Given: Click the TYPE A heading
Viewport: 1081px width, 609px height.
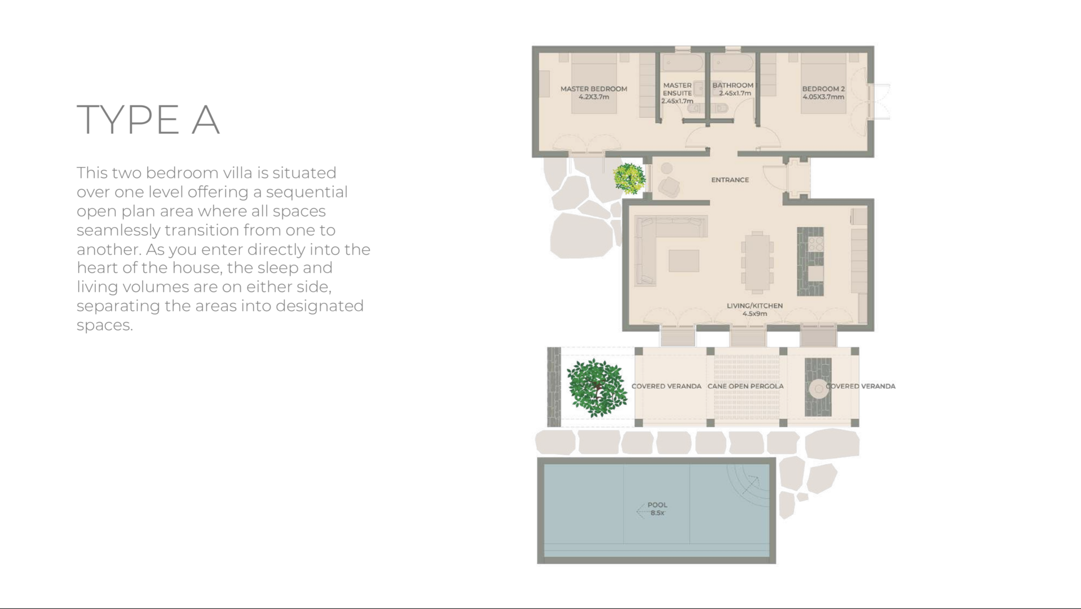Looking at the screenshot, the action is pyautogui.click(x=148, y=120).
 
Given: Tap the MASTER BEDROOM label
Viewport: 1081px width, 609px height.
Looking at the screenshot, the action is pyautogui.click(x=594, y=92).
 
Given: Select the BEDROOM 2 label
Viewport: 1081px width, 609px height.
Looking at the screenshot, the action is pyautogui.click(x=823, y=92).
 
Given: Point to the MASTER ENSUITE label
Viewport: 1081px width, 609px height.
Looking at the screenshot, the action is pyautogui.click(x=677, y=93).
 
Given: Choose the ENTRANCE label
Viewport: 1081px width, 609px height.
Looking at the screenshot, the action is pyautogui.click(x=730, y=180).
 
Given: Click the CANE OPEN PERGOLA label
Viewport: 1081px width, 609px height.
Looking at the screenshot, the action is pyautogui.click(x=745, y=386).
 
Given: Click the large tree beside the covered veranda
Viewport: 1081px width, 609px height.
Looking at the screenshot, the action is pyautogui.click(x=597, y=388).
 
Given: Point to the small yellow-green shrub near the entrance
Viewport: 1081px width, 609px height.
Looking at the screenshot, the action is pyautogui.click(x=629, y=179).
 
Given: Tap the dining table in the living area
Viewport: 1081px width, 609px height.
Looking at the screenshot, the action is pyautogui.click(x=757, y=262).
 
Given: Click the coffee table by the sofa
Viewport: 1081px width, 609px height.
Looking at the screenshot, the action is pyautogui.click(x=684, y=261).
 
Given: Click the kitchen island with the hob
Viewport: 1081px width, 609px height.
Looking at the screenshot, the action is pyautogui.click(x=810, y=261).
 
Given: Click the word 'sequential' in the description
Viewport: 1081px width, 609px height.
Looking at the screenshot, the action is pyautogui.click(x=307, y=192).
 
